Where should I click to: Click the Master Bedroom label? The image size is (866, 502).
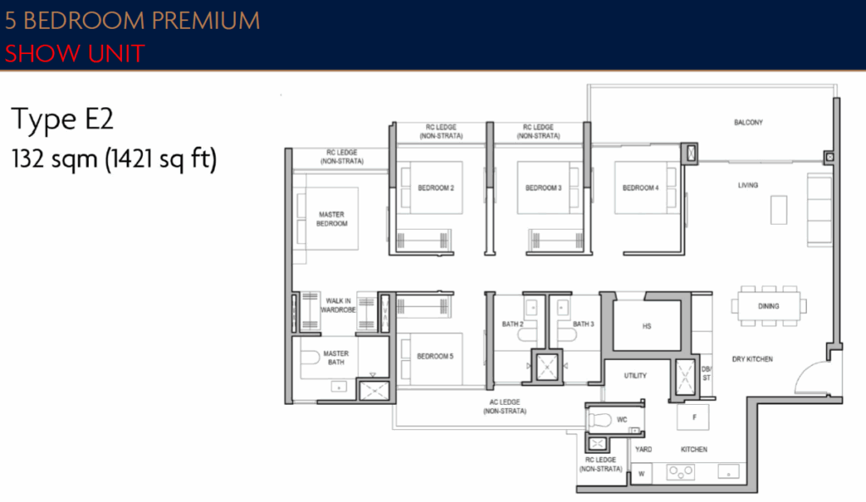(x=332, y=219)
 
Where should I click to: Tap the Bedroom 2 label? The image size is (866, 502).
(x=436, y=188)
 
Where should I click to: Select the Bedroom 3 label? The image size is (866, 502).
(x=543, y=188)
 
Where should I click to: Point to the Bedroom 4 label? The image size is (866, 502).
(x=640, y=188)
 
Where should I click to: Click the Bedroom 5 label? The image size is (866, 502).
(x=435, y=357)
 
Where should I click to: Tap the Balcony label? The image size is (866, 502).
(x=748, y=123)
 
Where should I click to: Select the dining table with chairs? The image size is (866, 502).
(x=768, y=306)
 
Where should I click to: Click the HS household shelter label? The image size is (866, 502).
(x=647, y=325)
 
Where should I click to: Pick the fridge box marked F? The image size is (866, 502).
(x=693, y=416)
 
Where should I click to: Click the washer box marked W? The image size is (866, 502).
(x=642, y=474)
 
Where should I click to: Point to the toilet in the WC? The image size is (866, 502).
(x=601, y=419)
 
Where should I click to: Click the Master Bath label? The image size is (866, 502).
(x=336, y=358)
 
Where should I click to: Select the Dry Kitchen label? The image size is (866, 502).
(x=752, y=359)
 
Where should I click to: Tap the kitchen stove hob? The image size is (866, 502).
(x=681, y=472)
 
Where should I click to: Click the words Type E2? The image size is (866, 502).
(x=62, y=121)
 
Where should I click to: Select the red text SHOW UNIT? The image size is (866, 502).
(x=74, y=54)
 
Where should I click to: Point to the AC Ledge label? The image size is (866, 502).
(x=504, y=407)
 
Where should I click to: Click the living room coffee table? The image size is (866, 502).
(x=778, y=209)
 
